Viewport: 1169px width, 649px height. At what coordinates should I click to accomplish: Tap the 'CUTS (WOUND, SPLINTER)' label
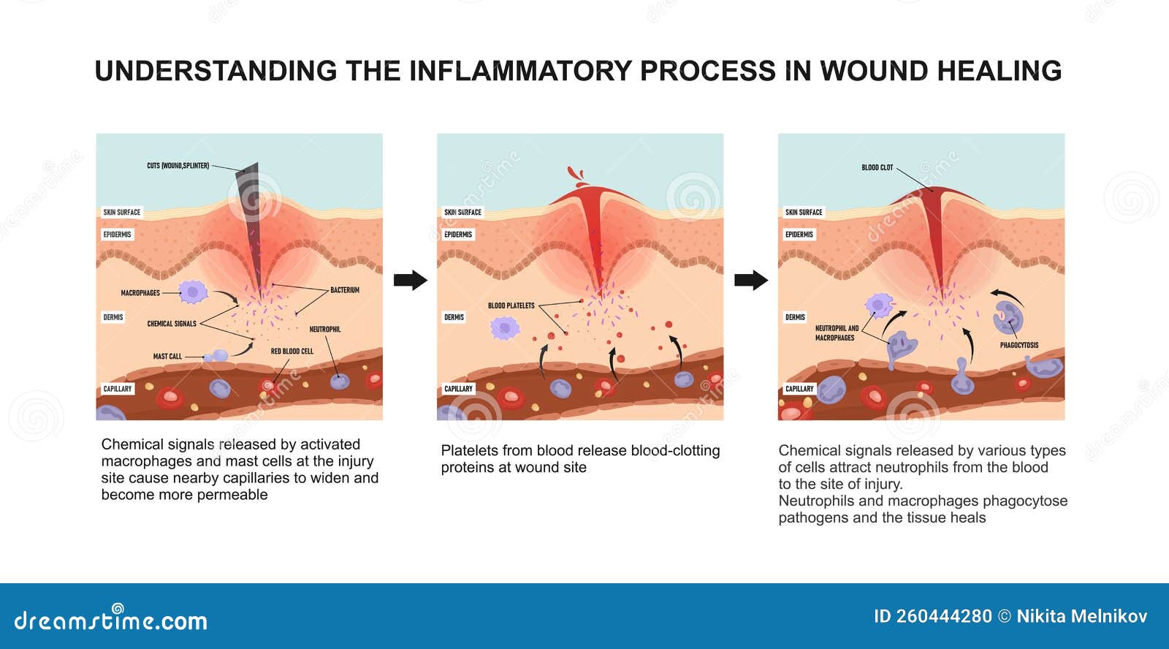[178, 166]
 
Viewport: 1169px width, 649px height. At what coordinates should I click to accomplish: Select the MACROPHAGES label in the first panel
[140, 293]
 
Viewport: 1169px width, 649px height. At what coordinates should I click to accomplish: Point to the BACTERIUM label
[344, 290]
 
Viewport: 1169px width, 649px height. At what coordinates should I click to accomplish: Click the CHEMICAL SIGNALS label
[172, 324]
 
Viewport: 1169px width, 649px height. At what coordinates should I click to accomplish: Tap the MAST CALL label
[167, 357]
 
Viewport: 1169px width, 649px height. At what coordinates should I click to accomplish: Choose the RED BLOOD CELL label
[292, 352]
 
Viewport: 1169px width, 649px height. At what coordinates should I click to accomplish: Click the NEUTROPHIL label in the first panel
[324, 330]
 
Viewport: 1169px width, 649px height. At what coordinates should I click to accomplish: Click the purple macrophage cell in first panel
[193, 292]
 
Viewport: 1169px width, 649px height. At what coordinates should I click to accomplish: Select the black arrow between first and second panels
[410, 280]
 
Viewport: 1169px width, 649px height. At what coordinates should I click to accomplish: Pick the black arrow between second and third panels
[750, 280]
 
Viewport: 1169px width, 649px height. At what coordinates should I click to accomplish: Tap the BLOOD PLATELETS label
[511, 305]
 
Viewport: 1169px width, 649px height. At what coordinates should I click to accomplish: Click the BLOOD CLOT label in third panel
[877, 168]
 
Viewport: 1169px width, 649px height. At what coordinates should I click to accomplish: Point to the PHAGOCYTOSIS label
[1018, 345]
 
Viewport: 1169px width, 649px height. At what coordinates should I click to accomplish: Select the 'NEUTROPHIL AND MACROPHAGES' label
[836, 333]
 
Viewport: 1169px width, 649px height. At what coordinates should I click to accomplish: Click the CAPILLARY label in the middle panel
[458, 389]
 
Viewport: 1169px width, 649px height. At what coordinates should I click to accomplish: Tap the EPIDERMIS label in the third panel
[799, 235]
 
